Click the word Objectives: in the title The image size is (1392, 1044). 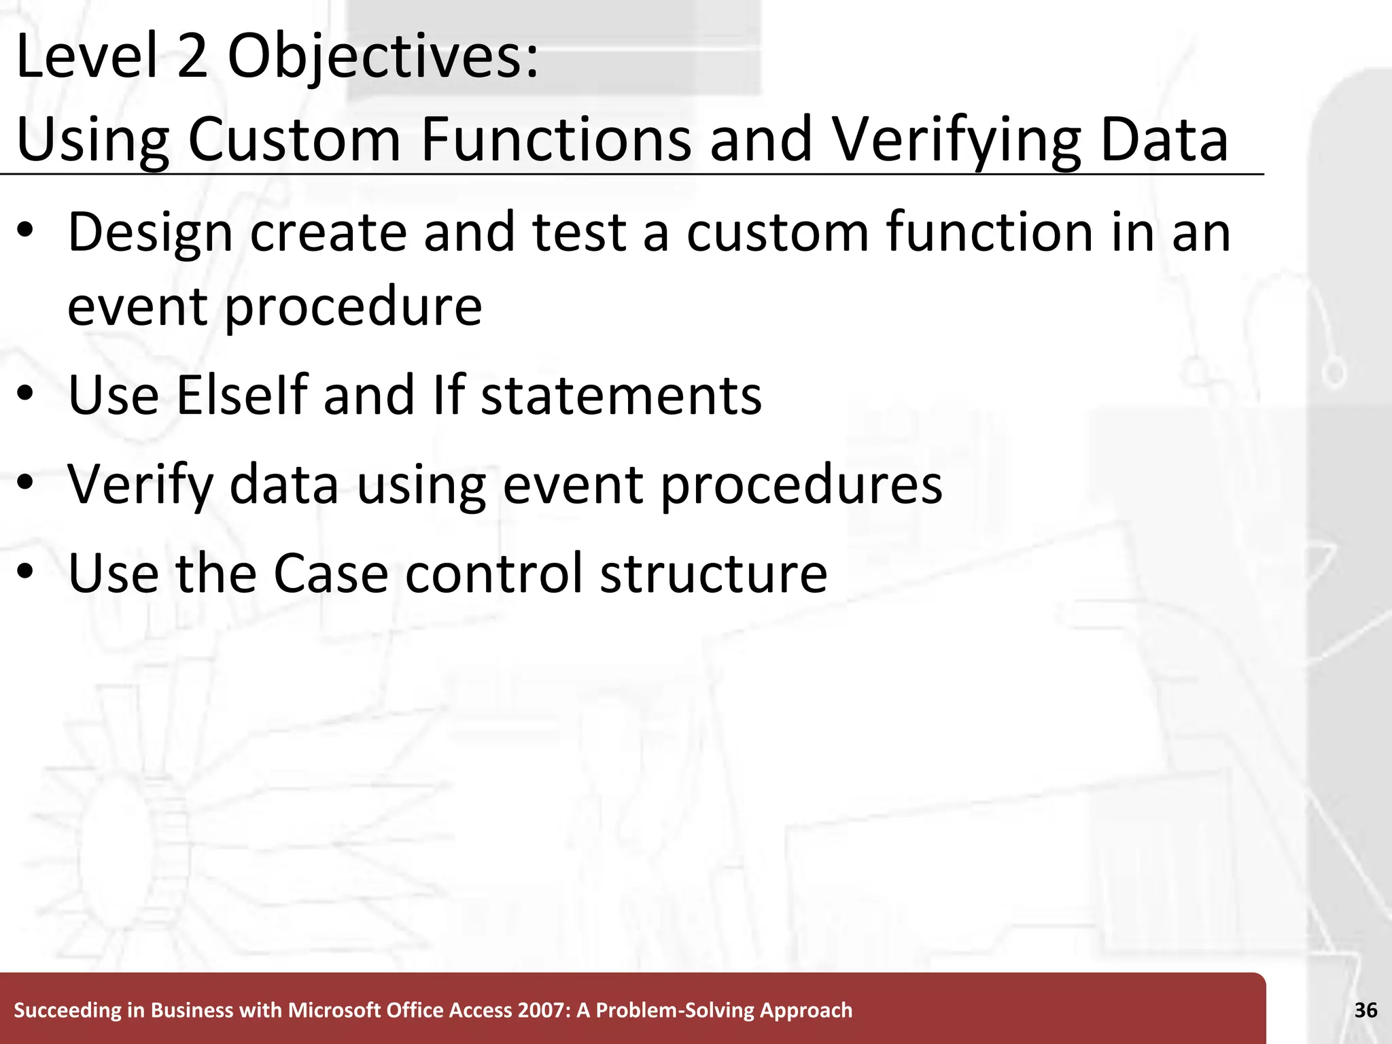(x=383, y=58)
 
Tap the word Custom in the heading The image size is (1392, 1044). (x=294, y=140)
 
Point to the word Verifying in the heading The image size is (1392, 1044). (x=956, y=140)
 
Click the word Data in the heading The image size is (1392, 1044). (x=1164, y=140)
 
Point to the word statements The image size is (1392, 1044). (x=621, y=396)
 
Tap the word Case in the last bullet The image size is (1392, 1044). (x=330, y=574)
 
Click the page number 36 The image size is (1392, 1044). (x=1365, y=1011)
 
